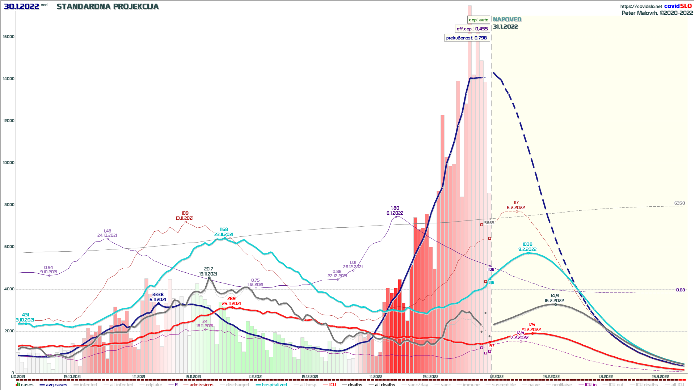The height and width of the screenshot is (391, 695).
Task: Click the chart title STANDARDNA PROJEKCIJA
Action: pyautogui.click(x=108, y=7)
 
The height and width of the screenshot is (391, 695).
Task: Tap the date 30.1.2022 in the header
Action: pyautogui.click(x=21, y=7)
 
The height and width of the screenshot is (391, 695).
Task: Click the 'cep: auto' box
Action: pyautogui.click(x=479, y=20)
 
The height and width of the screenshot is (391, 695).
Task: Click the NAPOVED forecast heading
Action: pyautogui.click(x=507, y=20)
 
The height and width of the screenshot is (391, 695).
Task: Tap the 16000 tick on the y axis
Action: pyautogui.click(x=9, y=37)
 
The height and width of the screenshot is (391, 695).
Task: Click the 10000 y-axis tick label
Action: pyautogui.click(x=9, y=163)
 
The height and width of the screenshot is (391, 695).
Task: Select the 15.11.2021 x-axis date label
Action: pyautogui.click(x=193, y=377)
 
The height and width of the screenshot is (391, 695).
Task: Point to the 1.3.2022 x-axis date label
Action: pyautogui.click(x=605, y=377)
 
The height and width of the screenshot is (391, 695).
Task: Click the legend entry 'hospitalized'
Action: pyautogui.click(x=274, y=385)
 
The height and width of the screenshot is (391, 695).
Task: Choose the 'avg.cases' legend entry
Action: pyautogui.click(x=56, y=385)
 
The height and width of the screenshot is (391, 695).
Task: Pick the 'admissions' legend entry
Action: pyautogui.click(x=201, y=385)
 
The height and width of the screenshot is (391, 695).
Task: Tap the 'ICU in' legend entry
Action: pyautogui.click(x=590, y=385)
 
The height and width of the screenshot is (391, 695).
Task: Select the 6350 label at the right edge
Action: pyautogui.click(x=679, y=203)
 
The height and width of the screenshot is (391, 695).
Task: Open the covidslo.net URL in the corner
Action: pyautogui.click(x=641, y=7)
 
